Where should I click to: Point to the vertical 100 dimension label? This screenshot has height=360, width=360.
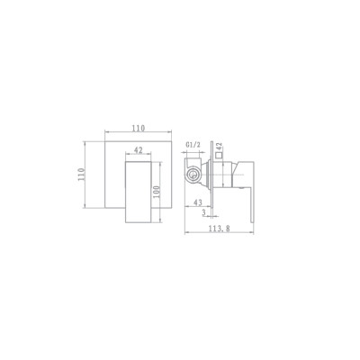157,192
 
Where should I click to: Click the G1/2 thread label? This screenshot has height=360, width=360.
193,145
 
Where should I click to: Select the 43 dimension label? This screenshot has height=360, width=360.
198,202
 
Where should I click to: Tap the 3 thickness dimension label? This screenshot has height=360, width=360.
204,212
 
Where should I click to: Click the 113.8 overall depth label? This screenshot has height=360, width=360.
220,229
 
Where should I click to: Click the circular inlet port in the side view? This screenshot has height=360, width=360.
193,175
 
